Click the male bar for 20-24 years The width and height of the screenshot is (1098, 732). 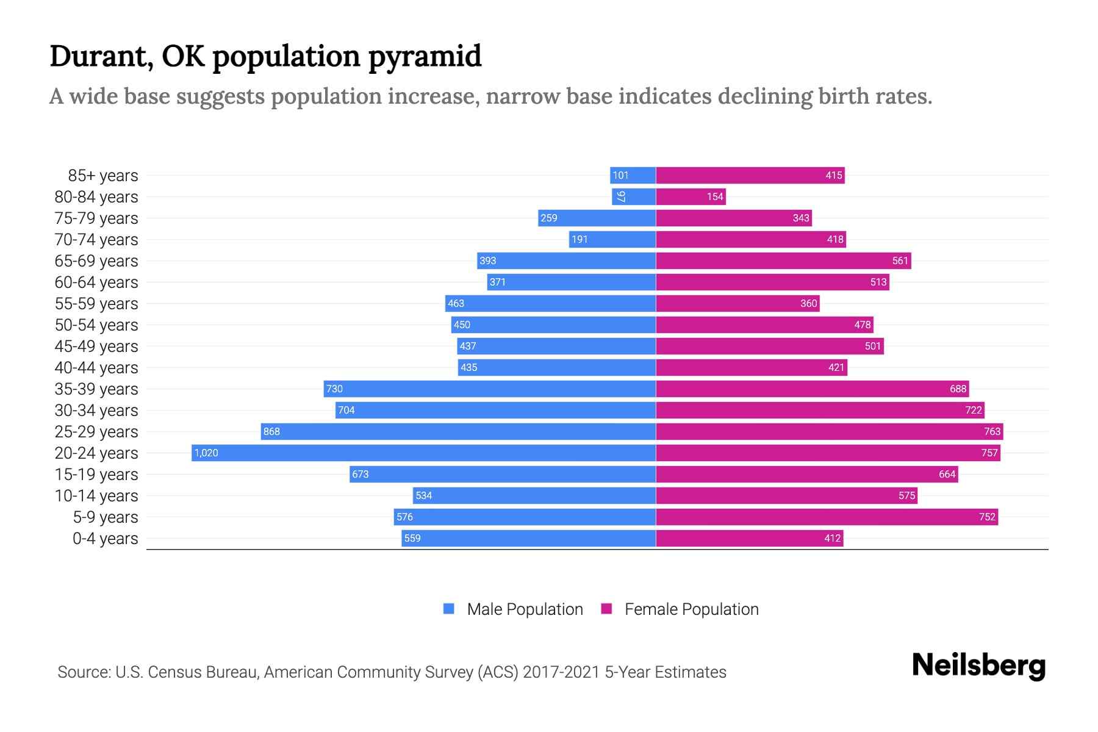pyautogui.click(x=423, y=453)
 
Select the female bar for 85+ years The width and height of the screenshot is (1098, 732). pyautogui.click(x=750, y=175)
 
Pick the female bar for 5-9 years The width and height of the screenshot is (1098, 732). pyautogui.click(x=827, y=517)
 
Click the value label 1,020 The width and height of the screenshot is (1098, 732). pyautogui.click(x=206, y=453)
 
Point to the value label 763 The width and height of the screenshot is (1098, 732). pyautogui.click(x=992, y=431)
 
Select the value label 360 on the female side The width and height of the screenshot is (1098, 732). pyautogui.click(x=808, y=303)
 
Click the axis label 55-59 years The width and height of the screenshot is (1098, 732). pyautogui.click(x=96, y=303)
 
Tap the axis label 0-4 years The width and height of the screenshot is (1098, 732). pyautogui.click(x=105, y=538)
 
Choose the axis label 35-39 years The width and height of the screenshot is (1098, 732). pyautogui.click(x=96, y=389)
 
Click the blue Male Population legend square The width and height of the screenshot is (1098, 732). pyautogui.click(x=449, y=609)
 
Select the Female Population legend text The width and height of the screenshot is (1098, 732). pyautogui.click(x=691, y=609)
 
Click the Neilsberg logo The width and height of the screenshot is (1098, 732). pyautogui.click(x=978, y=665)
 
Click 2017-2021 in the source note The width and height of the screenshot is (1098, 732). pyautogui.click(x=561, y=672)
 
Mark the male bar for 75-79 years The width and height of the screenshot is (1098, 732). pyautogui.click(x=597, y=218)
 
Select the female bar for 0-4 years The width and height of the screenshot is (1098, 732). pyautogui.click(x=749, y=538)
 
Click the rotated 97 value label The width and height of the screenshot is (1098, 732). pyautogui.click(x=621, y=196)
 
